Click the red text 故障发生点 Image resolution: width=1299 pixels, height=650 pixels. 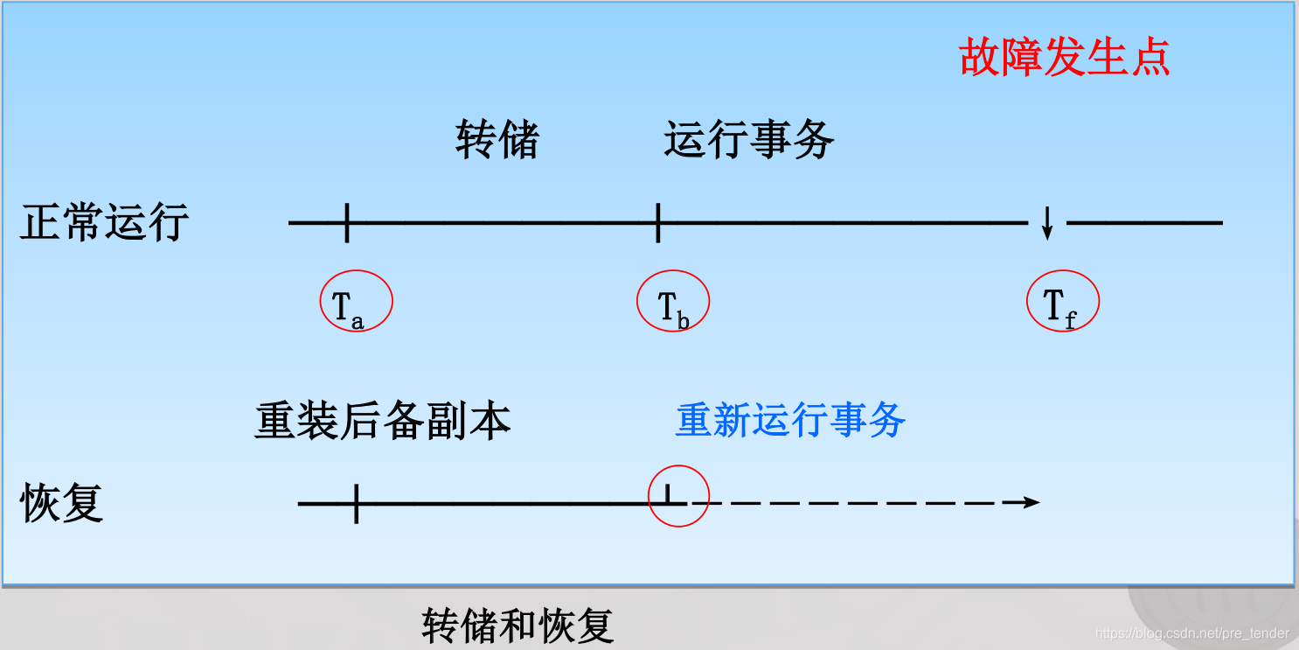[x=1065, y=58]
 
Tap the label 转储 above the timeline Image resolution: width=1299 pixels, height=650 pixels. [x=497, y=140]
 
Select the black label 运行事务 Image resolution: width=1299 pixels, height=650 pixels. [x=749, y=140]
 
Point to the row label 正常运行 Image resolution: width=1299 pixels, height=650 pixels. [x=104, y=222]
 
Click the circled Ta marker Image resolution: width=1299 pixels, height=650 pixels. [x=356, y=302]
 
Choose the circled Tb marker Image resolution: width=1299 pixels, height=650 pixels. [x=673, y=302]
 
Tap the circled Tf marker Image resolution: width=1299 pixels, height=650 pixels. [x=1061, y=302]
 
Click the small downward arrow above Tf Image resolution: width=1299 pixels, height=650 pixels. [x=1047, y=224]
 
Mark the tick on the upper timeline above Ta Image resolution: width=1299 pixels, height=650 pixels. [x=347, y=222]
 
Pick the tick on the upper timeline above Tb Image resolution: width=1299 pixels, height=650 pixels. [x=657, y=222]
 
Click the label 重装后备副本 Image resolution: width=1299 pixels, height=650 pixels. [x=382, y=422]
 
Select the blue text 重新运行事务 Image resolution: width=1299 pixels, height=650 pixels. [x=790, y=421]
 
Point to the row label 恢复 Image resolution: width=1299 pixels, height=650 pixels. [x=62, y=503]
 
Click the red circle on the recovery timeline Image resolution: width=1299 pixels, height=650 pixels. [x=677, y=496]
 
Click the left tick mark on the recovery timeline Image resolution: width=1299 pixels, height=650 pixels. [x=356, y=503]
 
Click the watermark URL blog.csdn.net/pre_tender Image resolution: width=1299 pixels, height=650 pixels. [x=1191, y=633]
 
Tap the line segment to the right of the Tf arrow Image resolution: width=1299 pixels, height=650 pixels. [x=1145, y=223]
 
